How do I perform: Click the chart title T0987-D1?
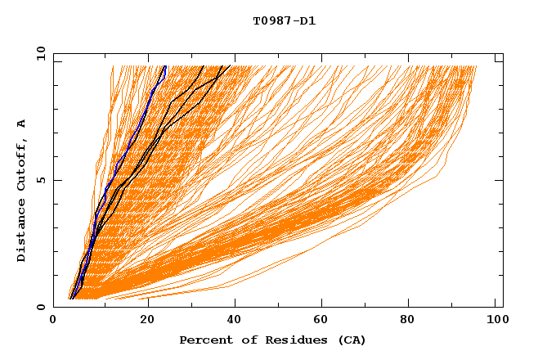pyautogui.click(x=284, y=21)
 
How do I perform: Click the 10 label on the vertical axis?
pyautogui.click(x=39, y=53)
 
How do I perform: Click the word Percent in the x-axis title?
pyautogui.click(x=204, y=340)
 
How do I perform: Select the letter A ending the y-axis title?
pyautogui.click(x=21, y=124)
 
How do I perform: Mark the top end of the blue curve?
pyautogui.click(x=165, y=65)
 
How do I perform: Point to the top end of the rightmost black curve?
pyautogui.click(x=231, y=65)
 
